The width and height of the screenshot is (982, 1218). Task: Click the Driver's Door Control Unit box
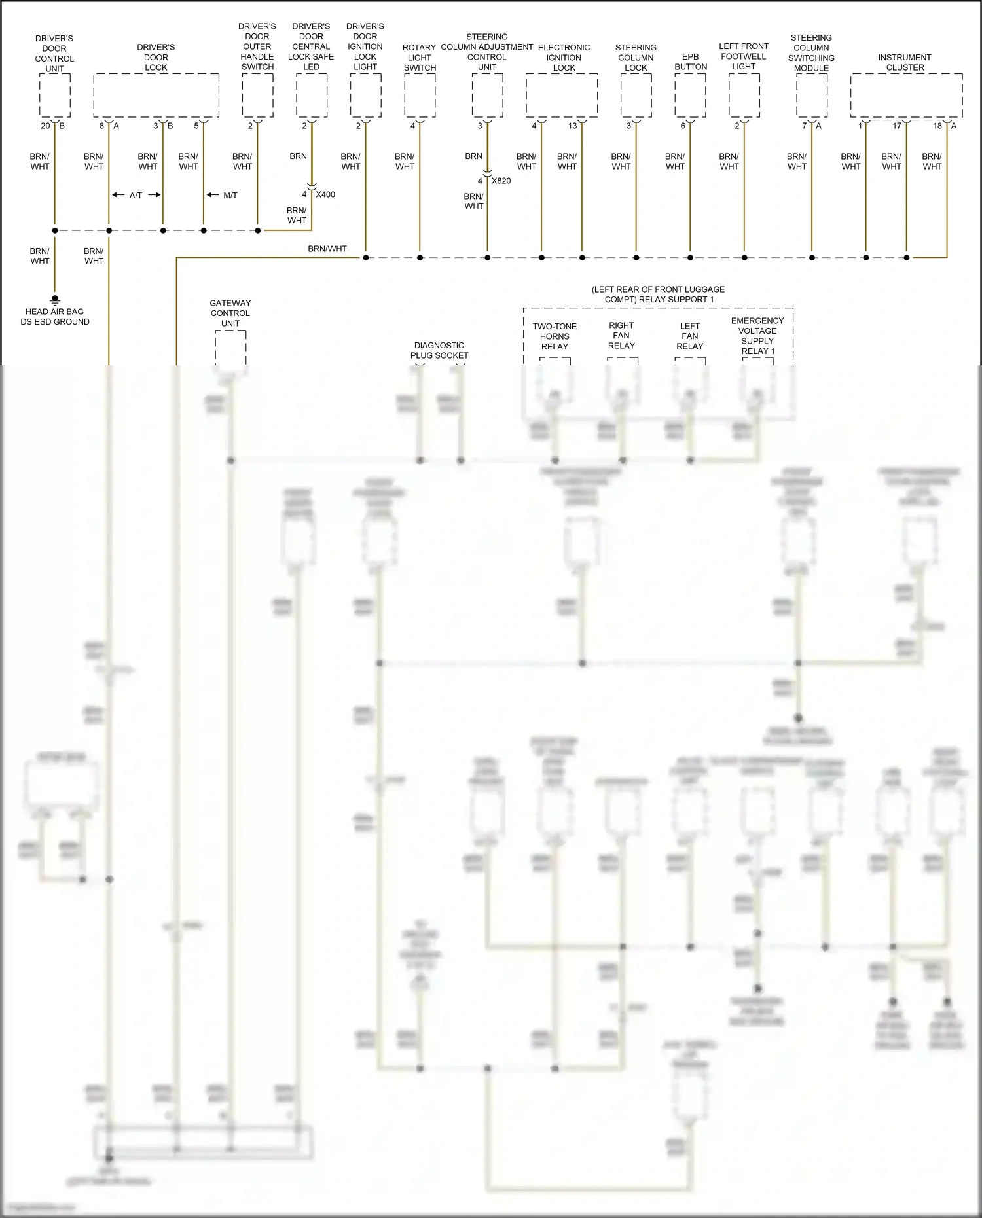click(55, 96)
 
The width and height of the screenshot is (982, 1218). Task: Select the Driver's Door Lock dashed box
click(156, 96)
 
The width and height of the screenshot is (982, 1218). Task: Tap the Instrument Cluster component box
click(906, 96)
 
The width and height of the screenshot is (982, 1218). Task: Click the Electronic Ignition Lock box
click(562, 96)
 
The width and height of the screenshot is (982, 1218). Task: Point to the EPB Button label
click(691, 62)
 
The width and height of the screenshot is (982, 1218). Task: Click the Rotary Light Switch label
click(420, 58)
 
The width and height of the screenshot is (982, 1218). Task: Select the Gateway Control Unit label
click(230, 313)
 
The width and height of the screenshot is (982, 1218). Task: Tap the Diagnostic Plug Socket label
click(439, 350)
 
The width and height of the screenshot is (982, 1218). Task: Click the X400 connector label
click(325, 194)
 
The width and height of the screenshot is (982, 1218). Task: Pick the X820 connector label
click(501, 181)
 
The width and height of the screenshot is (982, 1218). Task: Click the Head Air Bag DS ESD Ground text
click(55, 317)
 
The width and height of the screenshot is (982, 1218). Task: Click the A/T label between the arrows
click(136, 195)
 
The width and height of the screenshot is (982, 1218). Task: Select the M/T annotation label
click(230, 195)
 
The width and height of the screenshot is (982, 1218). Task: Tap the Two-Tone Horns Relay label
click(555, 336)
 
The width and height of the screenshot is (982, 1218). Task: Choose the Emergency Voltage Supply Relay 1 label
click(757, 335)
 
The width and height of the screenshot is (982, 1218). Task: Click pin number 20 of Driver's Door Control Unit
click(45, 126)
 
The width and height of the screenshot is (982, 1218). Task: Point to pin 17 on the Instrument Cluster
click(897, 126)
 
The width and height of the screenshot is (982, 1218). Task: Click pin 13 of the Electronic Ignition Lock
click(572, 126)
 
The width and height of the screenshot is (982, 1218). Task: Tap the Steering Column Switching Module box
click(812, 96)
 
